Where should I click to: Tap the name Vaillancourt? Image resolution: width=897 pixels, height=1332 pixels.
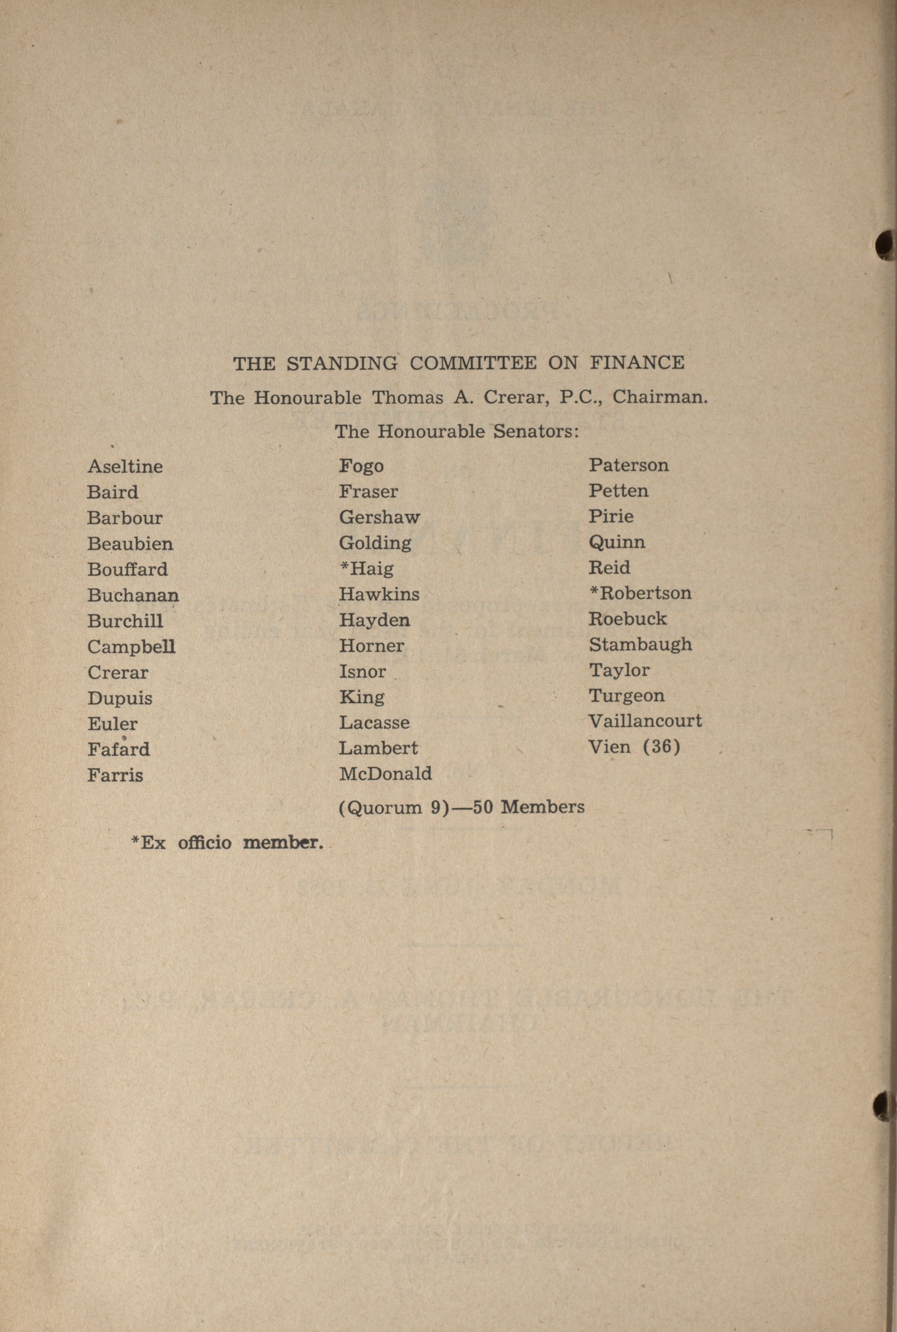pos(645,721)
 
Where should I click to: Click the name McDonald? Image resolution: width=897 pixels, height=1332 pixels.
pos(385,774)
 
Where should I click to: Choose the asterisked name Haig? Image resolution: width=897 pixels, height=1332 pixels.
pos(367,569)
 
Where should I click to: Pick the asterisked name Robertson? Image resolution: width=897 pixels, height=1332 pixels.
pos(640,593)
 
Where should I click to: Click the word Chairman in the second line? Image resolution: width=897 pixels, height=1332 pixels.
pos(659,397)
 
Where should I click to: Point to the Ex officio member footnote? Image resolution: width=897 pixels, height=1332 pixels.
pos(227,843)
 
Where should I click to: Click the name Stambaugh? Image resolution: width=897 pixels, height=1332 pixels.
pos(640,644)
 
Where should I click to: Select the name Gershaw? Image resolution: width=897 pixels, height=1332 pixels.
pos(379,517)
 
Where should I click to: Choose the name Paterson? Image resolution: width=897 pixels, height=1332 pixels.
pos(629,465)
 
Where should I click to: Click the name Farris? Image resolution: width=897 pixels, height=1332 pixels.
pos(115,775)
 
